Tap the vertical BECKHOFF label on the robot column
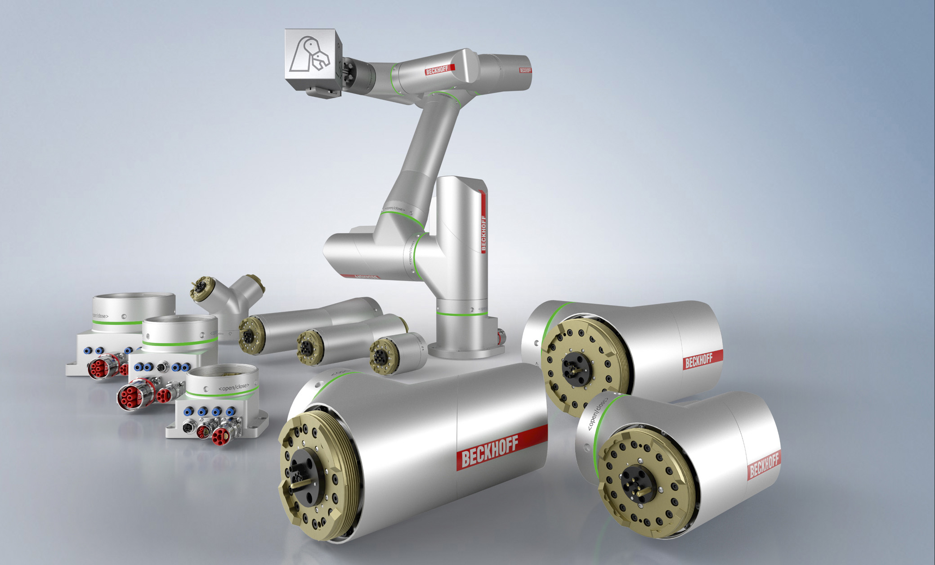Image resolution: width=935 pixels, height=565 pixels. [x=484, y=233]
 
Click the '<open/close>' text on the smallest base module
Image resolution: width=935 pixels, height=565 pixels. [x=233, y=387]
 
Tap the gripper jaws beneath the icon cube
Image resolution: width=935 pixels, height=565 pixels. [x=322, y=92]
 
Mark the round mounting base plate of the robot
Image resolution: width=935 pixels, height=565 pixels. [x=465, y=351]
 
